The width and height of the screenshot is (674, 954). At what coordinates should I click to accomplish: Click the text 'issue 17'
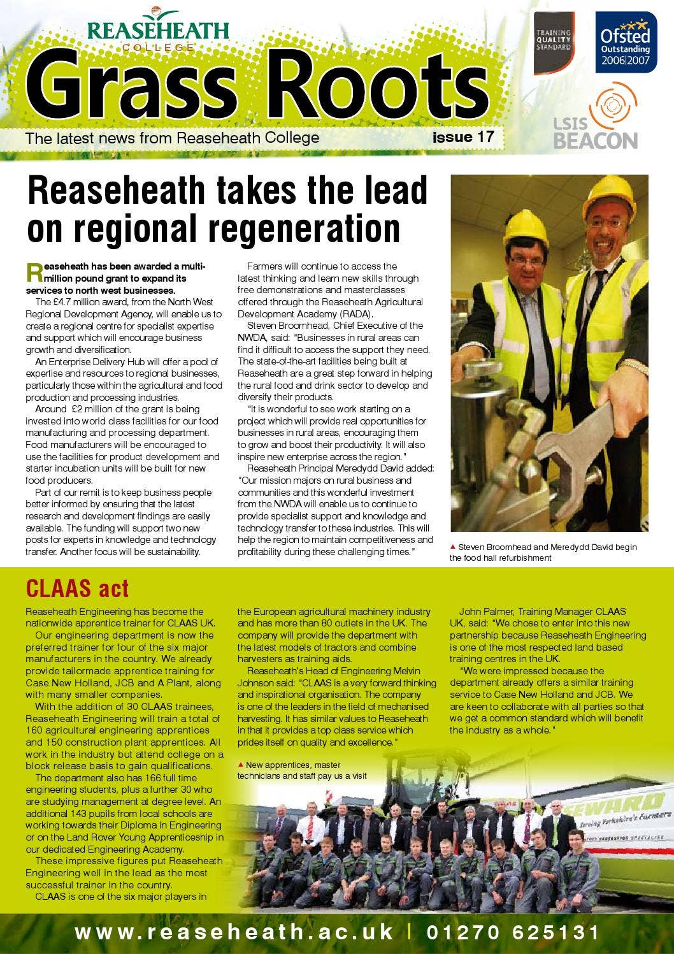click(462, 137)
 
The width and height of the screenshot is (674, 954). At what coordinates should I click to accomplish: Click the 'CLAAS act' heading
click(77, 588)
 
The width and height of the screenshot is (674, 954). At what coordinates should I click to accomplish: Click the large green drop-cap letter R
click(34, 272)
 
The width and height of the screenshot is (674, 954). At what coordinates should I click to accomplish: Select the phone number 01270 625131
click(513, 932)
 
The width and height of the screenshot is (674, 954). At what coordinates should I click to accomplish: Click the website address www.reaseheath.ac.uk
click(234, 932)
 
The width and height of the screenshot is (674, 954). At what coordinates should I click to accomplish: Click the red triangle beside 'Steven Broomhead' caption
click(452, 547)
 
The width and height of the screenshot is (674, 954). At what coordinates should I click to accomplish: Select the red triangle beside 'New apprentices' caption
click(240, 765)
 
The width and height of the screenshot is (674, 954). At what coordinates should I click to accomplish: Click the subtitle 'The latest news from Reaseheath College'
click(171, 138)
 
